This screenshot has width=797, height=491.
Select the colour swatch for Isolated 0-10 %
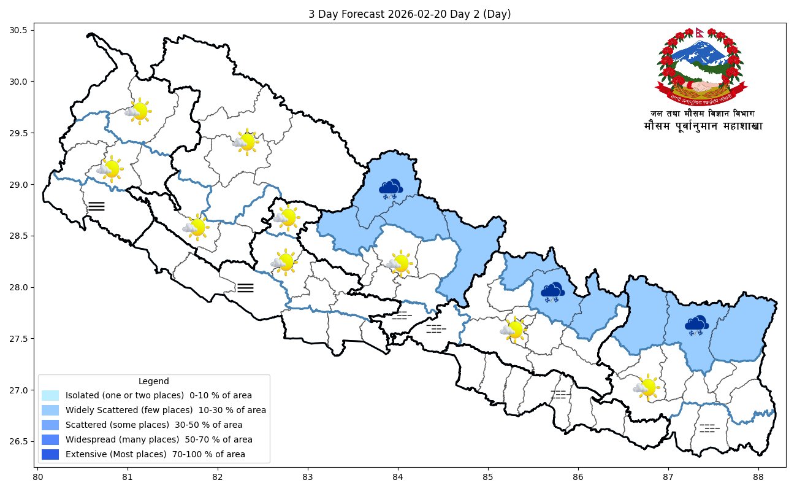50,395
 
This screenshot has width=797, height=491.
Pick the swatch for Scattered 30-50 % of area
50,425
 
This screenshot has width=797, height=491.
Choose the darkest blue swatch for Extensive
50,455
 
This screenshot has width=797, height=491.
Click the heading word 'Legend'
154,381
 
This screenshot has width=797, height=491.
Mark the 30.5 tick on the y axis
25,30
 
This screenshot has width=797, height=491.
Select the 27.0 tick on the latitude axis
25,390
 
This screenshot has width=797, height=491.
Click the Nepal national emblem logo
703,66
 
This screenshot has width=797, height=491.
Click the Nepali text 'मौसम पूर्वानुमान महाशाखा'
703,126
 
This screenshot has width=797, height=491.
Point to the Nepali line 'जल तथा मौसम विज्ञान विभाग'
703,114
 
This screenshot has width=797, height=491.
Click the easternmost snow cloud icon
696,325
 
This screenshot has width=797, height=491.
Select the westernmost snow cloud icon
391,188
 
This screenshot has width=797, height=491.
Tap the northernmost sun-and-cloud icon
138,111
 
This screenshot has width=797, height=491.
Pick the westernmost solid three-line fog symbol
96,206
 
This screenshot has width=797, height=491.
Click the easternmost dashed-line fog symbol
709,428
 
